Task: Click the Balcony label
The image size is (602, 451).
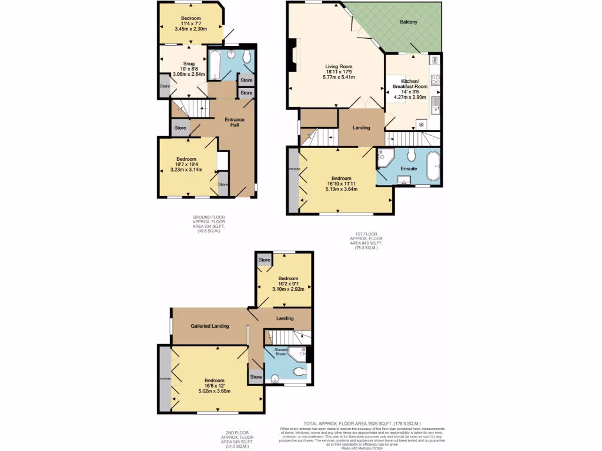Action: tap(409, 22)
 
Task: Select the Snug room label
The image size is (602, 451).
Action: tap(189, 63)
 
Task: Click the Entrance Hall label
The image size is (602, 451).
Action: tap(235, 123)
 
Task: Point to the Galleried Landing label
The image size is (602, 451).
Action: tap(209, 326)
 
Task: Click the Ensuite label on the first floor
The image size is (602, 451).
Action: tap(409, 169)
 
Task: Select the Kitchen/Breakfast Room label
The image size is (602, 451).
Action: tap(410, 83)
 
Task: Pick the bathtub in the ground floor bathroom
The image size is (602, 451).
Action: tap(215, 65)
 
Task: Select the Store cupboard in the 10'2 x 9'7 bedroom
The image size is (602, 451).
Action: tap(264, 260)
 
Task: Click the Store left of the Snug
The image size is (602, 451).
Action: tap(165, 87)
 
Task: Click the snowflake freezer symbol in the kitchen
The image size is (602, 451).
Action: tap(420, 124)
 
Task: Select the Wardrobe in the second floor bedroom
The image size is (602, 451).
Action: tap(165, 379)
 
